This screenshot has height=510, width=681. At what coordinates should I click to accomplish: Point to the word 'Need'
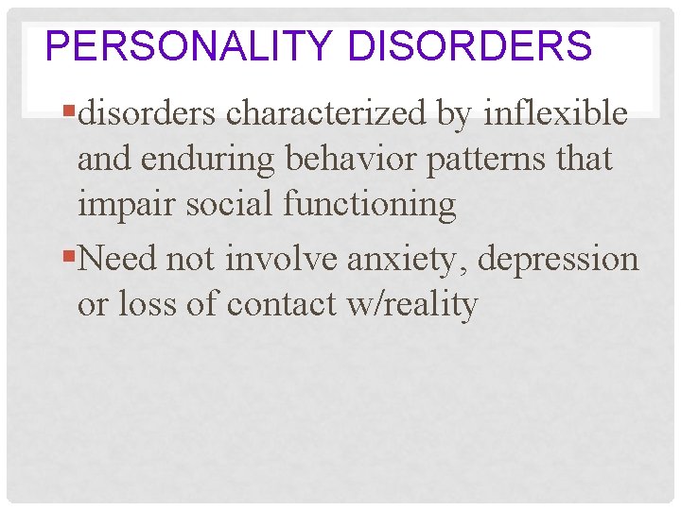118,259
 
